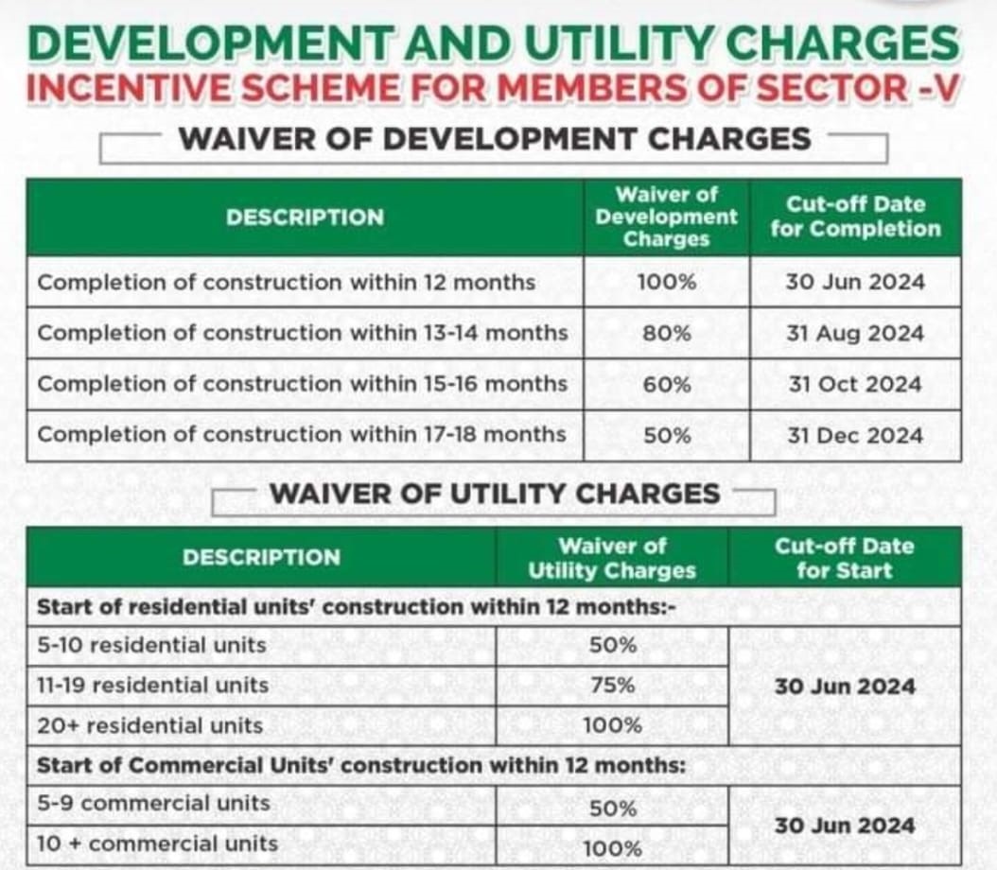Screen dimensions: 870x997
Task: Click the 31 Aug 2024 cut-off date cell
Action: [x=854, y=333]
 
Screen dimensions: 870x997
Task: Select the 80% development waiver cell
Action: [x=666, y=333]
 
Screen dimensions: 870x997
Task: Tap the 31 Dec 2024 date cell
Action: [x=854, y=435]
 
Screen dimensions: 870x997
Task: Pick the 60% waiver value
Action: [x=666, y=384]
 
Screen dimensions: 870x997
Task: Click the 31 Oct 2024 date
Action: [x=854, y=384]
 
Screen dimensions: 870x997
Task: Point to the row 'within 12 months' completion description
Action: [x=286, y=282]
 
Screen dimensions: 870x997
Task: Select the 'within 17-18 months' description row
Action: [x=302, y=435]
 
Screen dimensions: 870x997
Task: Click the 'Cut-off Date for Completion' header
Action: [x=854, y=217]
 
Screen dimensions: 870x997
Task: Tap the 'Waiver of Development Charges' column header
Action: [x=666, y=217]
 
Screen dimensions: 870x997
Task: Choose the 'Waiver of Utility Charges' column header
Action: [x=611, y=558]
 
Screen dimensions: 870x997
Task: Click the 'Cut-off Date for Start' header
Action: [x=844, y=558]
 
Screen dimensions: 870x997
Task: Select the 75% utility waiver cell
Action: [x=612, y=686]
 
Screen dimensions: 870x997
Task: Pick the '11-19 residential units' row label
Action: [x=152, y=685]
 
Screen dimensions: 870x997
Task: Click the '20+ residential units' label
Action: [x=149, y=725]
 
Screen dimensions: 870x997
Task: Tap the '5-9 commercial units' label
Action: [x=153, y=803]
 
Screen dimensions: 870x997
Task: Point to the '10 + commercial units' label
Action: [x=157, y=843]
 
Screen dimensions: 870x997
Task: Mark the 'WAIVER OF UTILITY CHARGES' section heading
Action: [x=495, y=494]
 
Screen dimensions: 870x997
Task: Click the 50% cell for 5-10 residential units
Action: [x=612, y=646]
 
